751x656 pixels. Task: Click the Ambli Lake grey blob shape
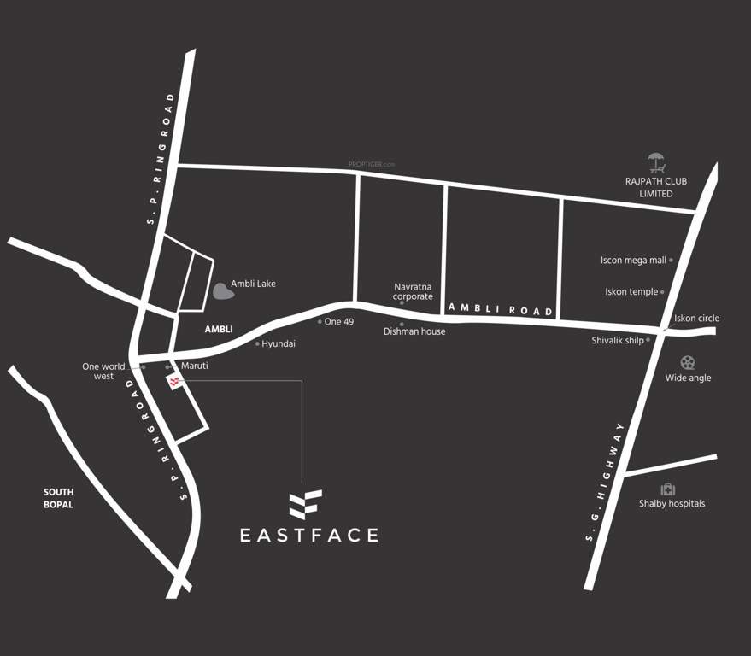pyautogui.click(x=224, y=290)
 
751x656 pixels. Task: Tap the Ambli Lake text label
pyautogui.click(x=254, y=284)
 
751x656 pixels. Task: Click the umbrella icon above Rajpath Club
pyautogui.click(x=656, y=162)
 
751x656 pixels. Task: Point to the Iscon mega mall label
pyautogui.click(x=633, y=260)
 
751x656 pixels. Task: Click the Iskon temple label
pyautogui.click(x=631, y=291)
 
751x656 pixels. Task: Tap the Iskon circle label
pyautogui.click(x=696, y=319)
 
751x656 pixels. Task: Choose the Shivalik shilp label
pyautogui.click(x=618, y=340)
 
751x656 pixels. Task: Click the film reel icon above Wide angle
pyautogui.click(x=688, y=363)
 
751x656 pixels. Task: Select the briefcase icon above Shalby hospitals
pyautogui.click(x=668, y=489)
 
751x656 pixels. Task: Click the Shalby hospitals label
pyautogui.click(x=672, y=504)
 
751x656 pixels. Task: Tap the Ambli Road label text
pyautogui.click(x=502, y=310)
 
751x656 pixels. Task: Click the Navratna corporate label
pyautogui.click(x=414, y=291)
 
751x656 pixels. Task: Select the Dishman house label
pyautogui.click(x=414, y=331)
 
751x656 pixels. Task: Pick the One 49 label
pyautogui.click(x=339, y=322)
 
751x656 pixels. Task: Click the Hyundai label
pyautogui.click(x=279, y=343)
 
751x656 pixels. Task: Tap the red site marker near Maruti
pyautogui.click(x=175, y=382)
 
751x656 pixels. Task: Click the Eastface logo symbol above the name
pyautogui.click(x=305, y=505)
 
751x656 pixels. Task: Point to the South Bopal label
pyautogui.click(x=59, y=498)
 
